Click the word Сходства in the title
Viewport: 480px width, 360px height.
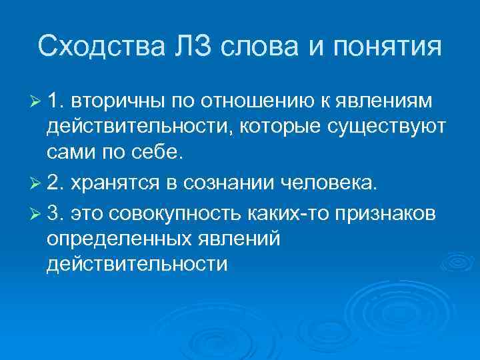pyautogui.click(x=93, y=47)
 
